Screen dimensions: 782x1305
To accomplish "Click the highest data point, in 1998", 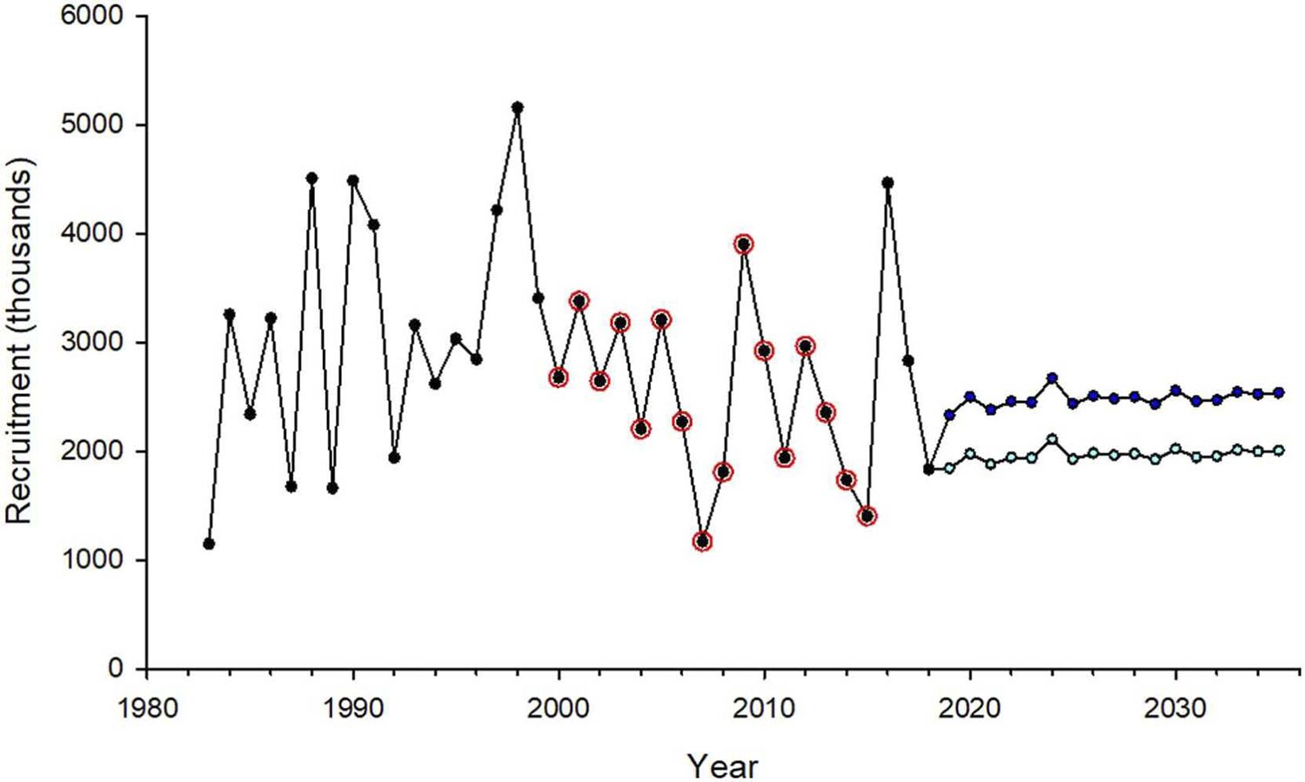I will click(x=518, y=108).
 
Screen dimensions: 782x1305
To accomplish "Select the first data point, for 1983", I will click(x=209, y=544).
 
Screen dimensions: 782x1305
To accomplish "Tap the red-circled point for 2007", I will click(x=702, y=542).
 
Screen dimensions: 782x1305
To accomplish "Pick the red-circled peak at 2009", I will click(x=744, y=244).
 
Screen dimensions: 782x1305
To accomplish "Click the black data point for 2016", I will click(x=887, y=183).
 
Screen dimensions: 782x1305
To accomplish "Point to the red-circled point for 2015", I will click(x=867, y=517).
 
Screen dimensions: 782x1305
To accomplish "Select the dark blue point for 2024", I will click(x=1052, y=378).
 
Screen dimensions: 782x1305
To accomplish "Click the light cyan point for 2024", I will click(x=1052, y=439).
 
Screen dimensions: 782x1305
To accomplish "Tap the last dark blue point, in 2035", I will click(x=1279, y=393).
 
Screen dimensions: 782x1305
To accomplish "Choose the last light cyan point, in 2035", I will click(x=1279, y=451).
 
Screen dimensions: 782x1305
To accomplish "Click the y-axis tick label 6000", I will click(x=92, y=17).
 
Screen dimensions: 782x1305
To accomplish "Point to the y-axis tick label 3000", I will click(x=92, y=343).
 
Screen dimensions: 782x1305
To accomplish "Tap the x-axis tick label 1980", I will click(x=147, y=708).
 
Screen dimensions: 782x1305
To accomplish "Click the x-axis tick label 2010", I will click(x=764, y=708).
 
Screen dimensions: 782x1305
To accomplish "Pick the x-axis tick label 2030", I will click(x=1175, y=708).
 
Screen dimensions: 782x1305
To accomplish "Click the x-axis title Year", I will click(x=722, y=766).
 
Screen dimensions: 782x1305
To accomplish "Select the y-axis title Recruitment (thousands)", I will click(x=19, y=342).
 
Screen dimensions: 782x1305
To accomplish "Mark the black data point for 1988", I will click(x=311, y=178).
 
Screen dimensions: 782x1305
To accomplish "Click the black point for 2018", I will click(x=928, y=470).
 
